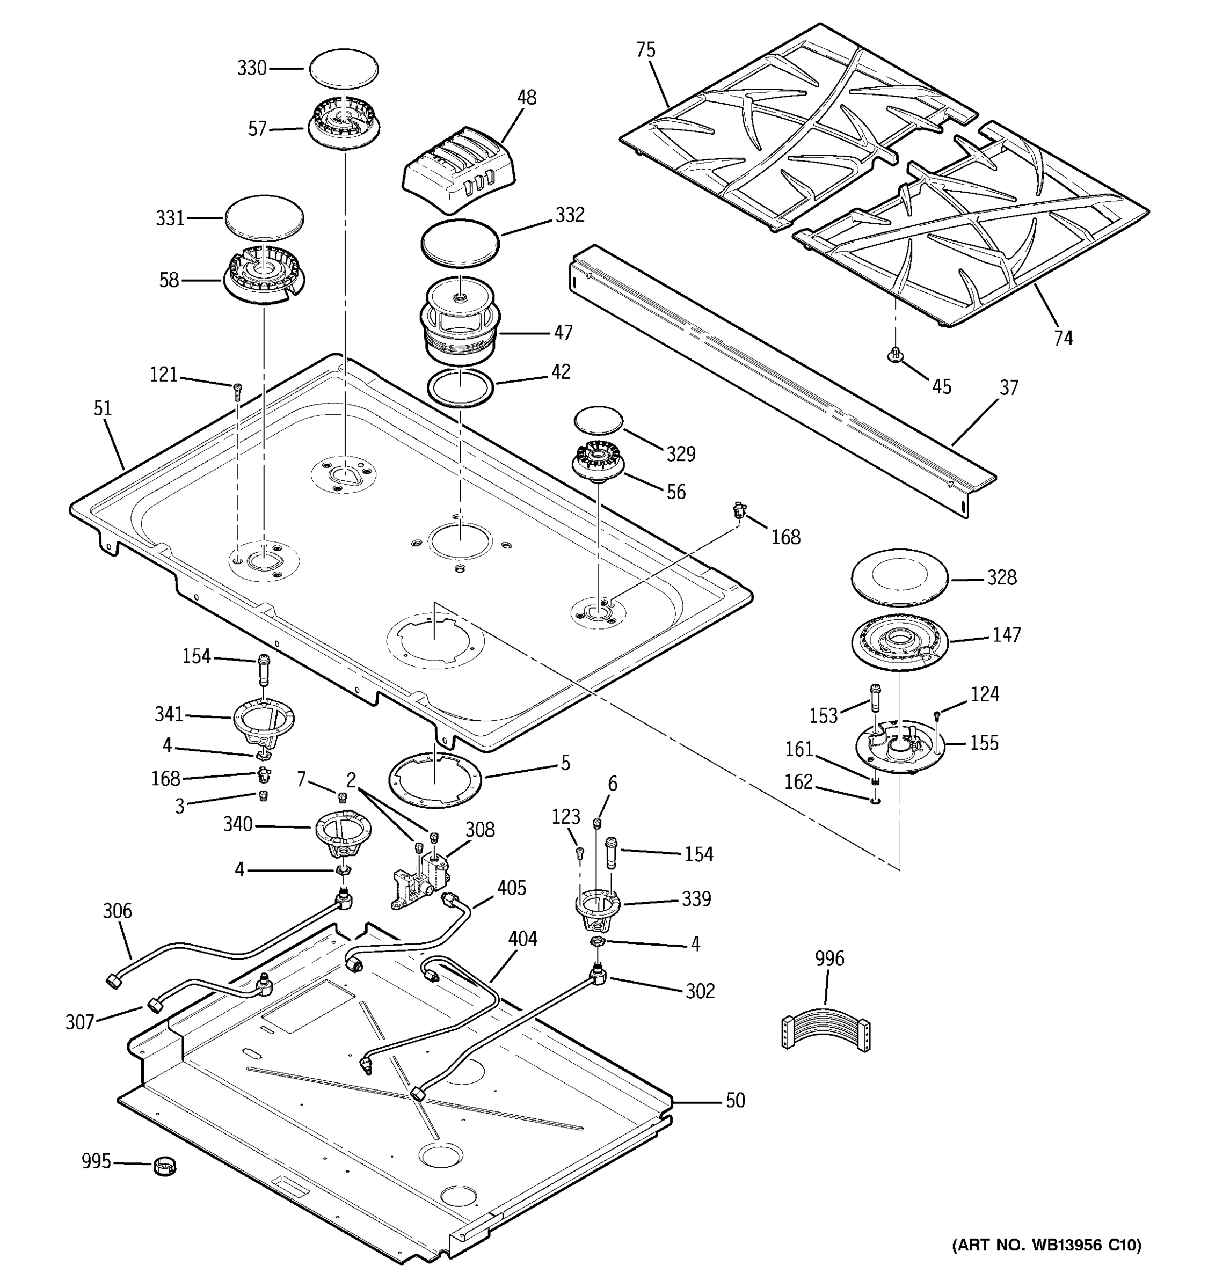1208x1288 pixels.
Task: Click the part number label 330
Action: pyautogui.click(x=251, y=68)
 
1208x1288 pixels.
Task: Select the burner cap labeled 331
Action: pyautogui.click(x=264, y=219)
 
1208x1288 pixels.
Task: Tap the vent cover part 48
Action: pyautogui.click(x=460, y=170)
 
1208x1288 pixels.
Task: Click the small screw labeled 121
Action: pyautogui.click(x=237, y=389)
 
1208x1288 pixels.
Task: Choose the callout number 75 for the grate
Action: pyautogui.click(x=645, y=50)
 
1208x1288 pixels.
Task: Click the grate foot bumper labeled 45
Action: pyautogui.click(x=895, y=355)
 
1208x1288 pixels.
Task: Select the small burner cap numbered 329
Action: pyautogui.click(x=598, y=421)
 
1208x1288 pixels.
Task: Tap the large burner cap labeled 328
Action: pyautogui.click(x=899, y=577)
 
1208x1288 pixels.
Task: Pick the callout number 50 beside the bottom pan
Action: pyautogui.click(x=735, y=1100)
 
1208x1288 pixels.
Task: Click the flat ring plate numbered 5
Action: pyautogui.click(x=435, y=775)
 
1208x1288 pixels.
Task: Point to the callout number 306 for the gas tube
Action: pyautogui.click(x=117, y=911)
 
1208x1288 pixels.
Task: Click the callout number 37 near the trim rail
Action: pyautogui.click(x=1008, y=387)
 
